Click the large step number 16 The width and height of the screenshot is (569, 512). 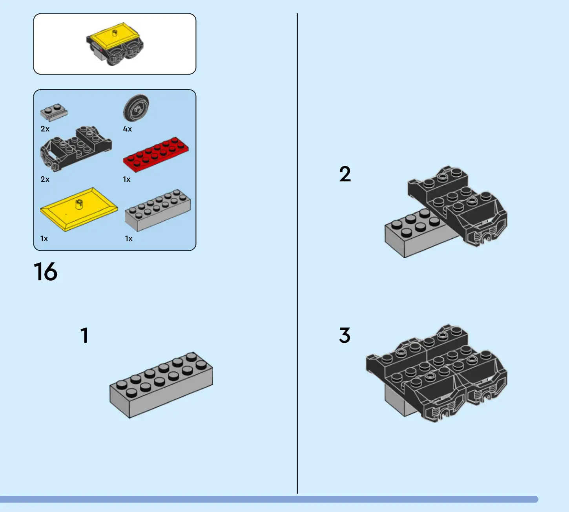(x=46, y=272)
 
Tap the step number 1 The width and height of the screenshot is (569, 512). (x=84, y=336)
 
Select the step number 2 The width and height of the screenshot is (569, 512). (x=345, y=174)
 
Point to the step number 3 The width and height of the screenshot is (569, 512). (x=345, y=336)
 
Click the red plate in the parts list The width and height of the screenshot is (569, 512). (x=156, y=154)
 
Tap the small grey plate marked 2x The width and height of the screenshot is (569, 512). (x=54, y=112)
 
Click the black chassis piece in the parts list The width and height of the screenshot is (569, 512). (x=76, y=148)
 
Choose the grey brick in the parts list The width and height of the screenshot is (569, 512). (x=158, y=210)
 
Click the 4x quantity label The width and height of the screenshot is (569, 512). (x=128, y=129)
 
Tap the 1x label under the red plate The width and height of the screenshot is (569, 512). (x=127, y=179)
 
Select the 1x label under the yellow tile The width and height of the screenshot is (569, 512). (x=44, y=239)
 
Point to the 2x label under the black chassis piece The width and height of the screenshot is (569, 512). (x=45, y=179)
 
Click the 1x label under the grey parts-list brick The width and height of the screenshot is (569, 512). (x=129, y=239)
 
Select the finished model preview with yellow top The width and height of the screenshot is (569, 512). (x=115, y=44)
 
